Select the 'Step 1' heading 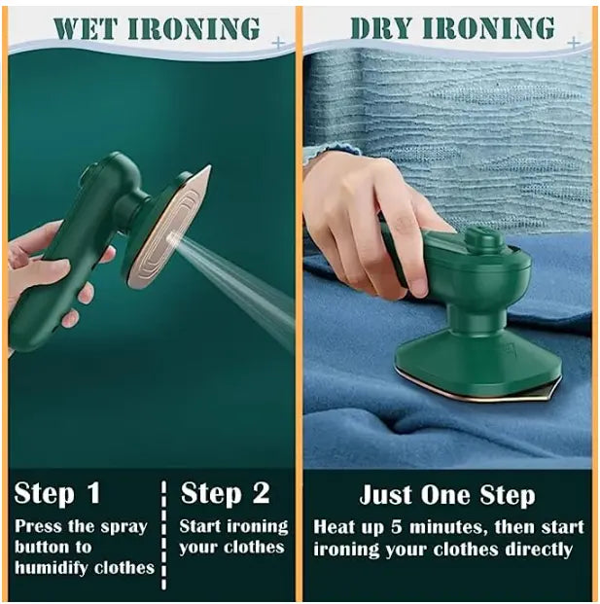point(57,493)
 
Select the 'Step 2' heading point(226,493)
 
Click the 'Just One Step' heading point(446,494)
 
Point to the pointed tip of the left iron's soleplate point(207,169)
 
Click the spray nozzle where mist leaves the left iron point(170,236)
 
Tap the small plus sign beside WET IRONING point(279,43)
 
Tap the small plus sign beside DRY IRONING point(574,43)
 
